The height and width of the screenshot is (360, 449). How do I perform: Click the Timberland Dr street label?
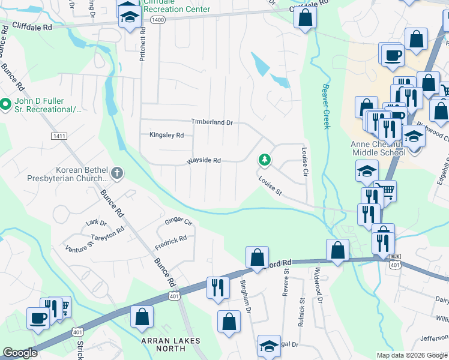tap(211, 122)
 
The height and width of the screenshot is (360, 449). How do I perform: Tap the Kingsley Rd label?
tap(166, 136)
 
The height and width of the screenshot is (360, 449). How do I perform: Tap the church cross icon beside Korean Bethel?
tap(116, 174)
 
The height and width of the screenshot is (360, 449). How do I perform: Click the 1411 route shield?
tap(59, 136)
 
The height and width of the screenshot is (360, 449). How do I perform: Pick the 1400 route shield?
tap(158, 20)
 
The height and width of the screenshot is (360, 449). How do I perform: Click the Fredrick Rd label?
tap(170, 238)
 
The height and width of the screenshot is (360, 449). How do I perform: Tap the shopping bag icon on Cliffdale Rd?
tap(305, 19)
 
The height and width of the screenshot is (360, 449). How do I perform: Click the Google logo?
tap(20, 353)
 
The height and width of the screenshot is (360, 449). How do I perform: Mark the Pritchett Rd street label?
tap(143, 46)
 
